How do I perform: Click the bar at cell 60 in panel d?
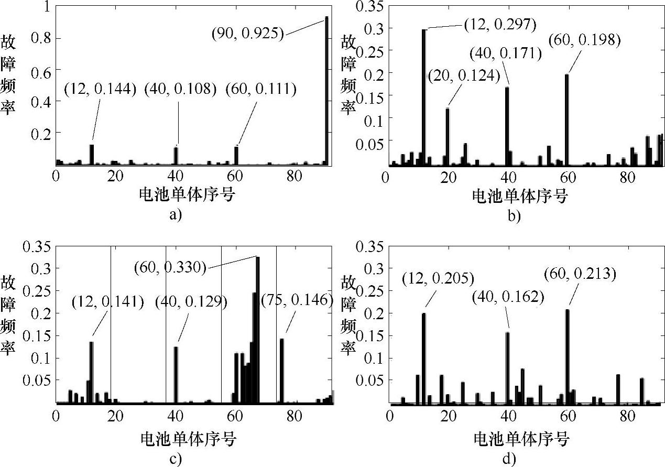(568, 356)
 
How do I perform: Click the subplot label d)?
(508, 459)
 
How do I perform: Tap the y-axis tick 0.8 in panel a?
(40, 38)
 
